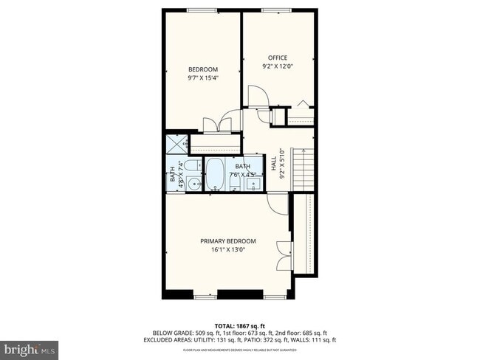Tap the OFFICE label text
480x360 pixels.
click(277, 58)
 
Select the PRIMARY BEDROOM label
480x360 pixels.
click(228, 241)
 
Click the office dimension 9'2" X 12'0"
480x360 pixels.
click(277, 66)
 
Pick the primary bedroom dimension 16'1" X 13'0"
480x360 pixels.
click(228, 249)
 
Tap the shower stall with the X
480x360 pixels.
click(176, 143)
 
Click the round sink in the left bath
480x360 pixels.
click(193, 184)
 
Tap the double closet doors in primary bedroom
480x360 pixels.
click(282, 255)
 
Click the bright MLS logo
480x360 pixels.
click(30, 347)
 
